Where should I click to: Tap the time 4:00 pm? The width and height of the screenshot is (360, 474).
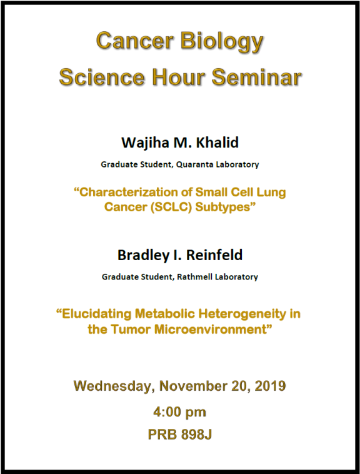[179, 412]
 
